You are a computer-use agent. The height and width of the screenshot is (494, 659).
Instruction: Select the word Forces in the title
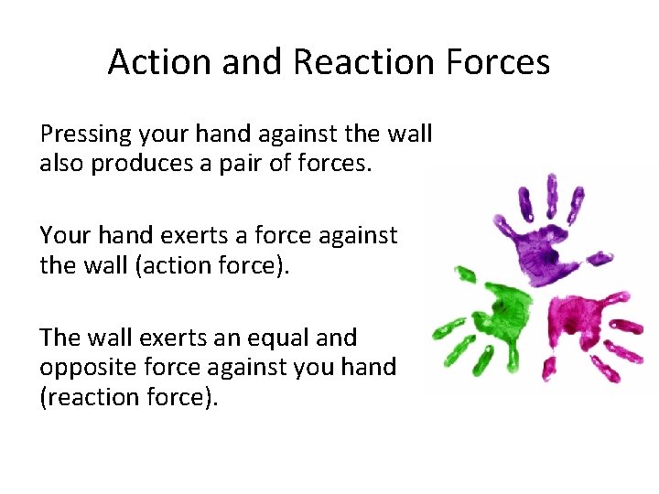coord(503,62)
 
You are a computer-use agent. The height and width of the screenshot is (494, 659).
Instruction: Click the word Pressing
coord(86,134)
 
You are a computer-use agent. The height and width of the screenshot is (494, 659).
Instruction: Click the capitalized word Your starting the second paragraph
coord(62,236)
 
